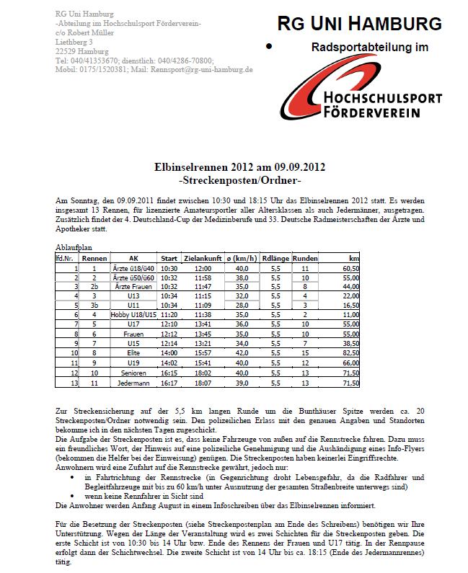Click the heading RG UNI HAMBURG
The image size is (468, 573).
tap(359, 25)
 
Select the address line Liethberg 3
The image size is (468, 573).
tap(74, 42)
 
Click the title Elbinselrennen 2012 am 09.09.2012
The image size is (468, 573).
tap(239, 167)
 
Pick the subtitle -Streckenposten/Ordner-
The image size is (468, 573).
tap(239, 179)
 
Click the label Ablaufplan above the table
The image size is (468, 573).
tap(74, 247)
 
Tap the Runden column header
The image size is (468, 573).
tap(305, 257)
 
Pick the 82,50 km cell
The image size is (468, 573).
tap(350, 353)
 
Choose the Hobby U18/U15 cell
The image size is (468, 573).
tap(133, 315)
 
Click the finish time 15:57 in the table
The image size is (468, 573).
tap(202, 353)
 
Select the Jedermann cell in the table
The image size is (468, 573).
tap(133, 382)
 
